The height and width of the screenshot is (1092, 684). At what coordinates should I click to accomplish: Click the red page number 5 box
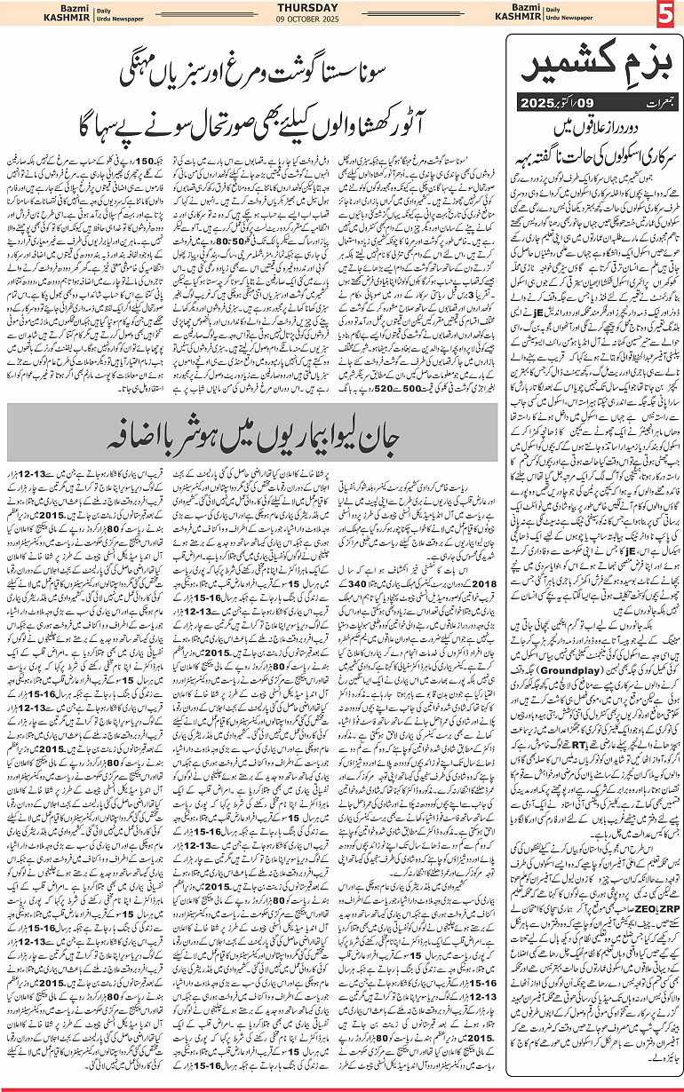[665, 14]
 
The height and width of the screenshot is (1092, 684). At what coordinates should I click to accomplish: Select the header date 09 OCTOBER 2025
[341, 20]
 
